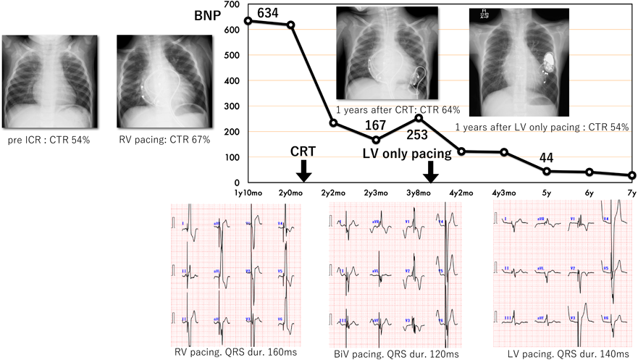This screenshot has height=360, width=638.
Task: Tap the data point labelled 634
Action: pos(248,20)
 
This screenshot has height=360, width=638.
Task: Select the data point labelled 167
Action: pos(376,140)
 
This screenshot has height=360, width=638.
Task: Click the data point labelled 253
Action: pos(419,117)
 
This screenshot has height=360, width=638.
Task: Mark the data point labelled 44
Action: pos(547,171)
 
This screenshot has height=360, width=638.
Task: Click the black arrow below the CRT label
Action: pos(304,170)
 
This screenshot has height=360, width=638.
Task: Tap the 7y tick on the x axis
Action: pos(631,193)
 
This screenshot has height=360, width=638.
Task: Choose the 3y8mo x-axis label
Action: pos(419,193)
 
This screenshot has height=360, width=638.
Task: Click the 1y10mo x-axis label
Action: pos(248,193)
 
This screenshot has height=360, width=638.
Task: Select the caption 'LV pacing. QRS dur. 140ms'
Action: pos(563,353)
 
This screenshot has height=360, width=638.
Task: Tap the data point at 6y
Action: pos(589,172)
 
